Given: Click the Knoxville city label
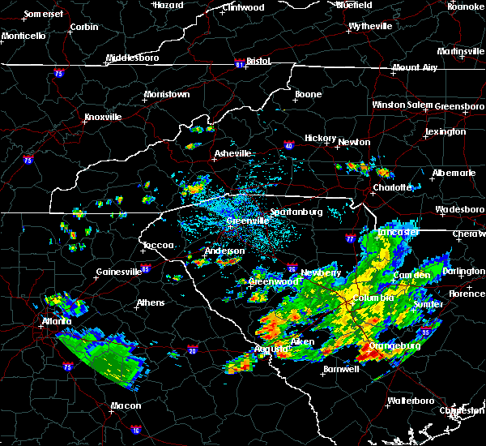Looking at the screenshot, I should click(103, 117).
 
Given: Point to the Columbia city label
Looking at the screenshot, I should click(373, 298).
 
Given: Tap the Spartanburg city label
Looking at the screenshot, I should click(296, 212).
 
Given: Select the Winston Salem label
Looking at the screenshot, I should click(403, 105).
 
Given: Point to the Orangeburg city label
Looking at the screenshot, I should click(393, 345).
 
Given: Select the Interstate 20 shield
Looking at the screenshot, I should click(193, 350).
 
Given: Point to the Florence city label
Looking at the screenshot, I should click(467, 293).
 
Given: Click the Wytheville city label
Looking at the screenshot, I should click(370, 26).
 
